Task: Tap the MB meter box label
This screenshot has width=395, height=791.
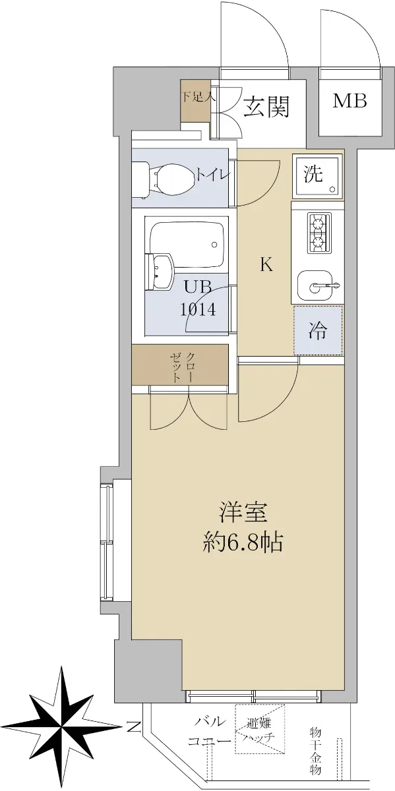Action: tap(350, 101)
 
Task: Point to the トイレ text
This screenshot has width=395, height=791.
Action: tap(213, 175)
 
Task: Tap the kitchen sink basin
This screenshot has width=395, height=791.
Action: tap(315, 285)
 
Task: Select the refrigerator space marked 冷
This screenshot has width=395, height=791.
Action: tap(318, 330)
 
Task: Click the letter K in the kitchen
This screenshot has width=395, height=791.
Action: tap(267, 264)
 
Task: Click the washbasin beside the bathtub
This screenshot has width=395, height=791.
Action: tap(160, 271)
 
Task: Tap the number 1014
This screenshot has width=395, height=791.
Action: tap(198, 310)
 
